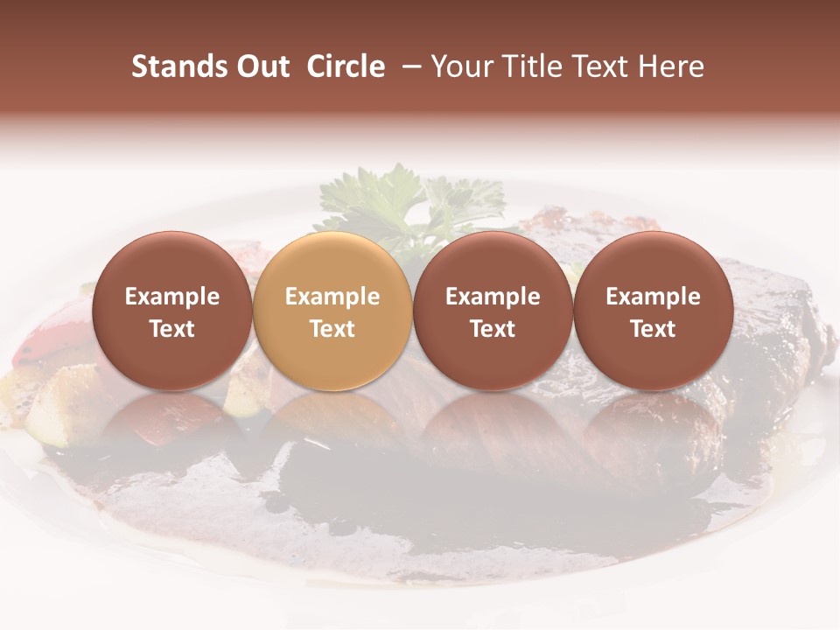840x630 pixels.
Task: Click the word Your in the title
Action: point(463,66)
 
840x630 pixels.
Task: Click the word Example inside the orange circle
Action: point(332,297)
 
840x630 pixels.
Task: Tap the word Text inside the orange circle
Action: point(332,329)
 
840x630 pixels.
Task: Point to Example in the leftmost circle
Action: point(172,297)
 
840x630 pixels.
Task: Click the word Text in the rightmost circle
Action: point(653,329)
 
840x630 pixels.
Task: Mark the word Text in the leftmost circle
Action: point(172,329)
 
